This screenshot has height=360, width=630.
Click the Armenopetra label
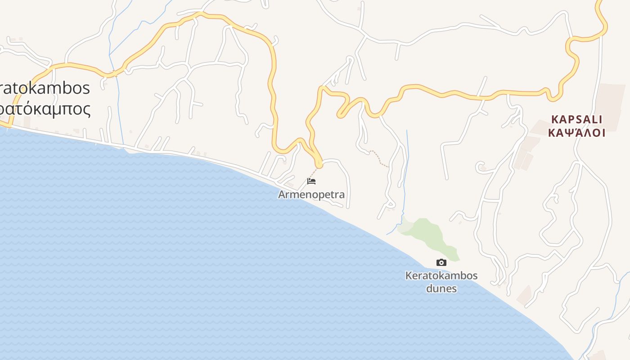pos(311,195)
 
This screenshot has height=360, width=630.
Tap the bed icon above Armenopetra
pos(311,181)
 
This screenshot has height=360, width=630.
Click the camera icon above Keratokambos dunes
pos(441,262)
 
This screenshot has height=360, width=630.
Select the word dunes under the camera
pos(441,288)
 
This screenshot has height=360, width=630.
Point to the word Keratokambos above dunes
pos(441,275)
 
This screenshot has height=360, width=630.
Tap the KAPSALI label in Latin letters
pos(577,120)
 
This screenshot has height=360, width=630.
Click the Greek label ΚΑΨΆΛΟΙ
pos(577,133)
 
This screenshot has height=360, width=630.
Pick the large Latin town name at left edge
pos(45,88)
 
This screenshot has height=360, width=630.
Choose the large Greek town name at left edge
pos(45,109)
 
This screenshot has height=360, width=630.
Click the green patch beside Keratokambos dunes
pos(427,234)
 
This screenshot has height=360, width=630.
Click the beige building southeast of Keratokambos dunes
pos(524,294)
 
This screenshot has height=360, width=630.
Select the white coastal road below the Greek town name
pos(67,138)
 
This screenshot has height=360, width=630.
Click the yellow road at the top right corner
pos(603,18)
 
